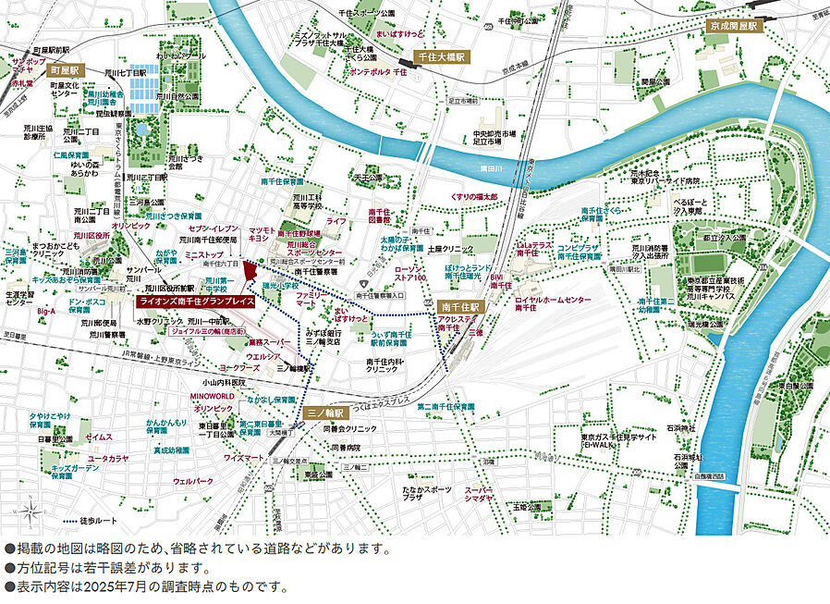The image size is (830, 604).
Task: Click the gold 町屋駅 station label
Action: coord(67,70)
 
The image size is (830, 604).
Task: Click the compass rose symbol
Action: coord(33,511)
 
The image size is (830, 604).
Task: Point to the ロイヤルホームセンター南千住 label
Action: coord(553,306)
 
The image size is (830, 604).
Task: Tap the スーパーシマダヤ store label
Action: coord(479,495)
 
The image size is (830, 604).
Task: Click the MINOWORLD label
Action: coord(212,396)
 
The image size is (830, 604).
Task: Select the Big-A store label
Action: coord(46,312)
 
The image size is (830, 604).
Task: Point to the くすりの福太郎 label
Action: coord(473,197)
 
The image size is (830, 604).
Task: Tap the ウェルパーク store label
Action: coord(193,481)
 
